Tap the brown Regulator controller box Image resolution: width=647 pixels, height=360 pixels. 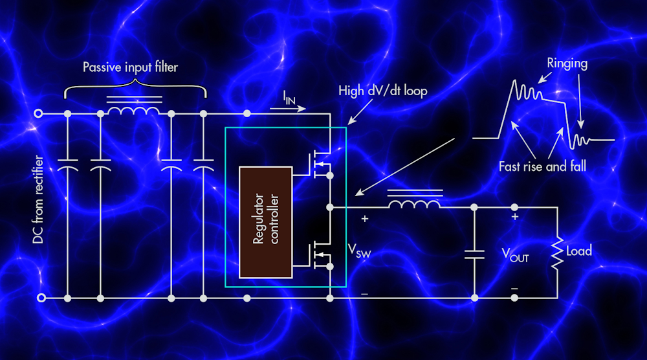click(x=265, y=222)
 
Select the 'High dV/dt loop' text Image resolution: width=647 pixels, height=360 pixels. click(x=382, y=91)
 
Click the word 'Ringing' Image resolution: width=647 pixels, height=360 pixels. click(x=567, y=63)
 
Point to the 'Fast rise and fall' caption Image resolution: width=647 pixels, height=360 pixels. click(x=542, y=166)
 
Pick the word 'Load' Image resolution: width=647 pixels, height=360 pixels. click(x=578, y=251)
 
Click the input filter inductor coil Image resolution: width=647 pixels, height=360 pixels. click(x=135, y=111)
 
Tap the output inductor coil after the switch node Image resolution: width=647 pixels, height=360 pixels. click(x=415, y=203)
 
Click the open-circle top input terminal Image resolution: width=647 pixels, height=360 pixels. click(x=39, y=114)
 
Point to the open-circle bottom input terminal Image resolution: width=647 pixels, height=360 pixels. click(x=39, y=298)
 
